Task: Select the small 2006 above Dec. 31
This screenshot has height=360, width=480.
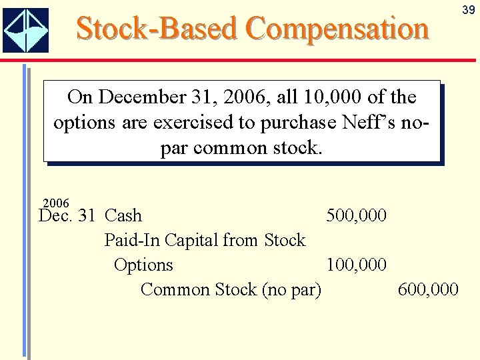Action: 55,203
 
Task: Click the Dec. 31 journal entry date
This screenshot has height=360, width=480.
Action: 67,215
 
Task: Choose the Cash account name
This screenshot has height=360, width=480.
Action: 123,215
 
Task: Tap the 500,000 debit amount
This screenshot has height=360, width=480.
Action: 356,215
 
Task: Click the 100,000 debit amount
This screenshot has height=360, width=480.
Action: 356,265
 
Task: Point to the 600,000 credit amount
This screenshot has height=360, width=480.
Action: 427,289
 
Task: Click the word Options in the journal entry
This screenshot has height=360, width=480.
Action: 143,265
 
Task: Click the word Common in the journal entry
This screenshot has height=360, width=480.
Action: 175,289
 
